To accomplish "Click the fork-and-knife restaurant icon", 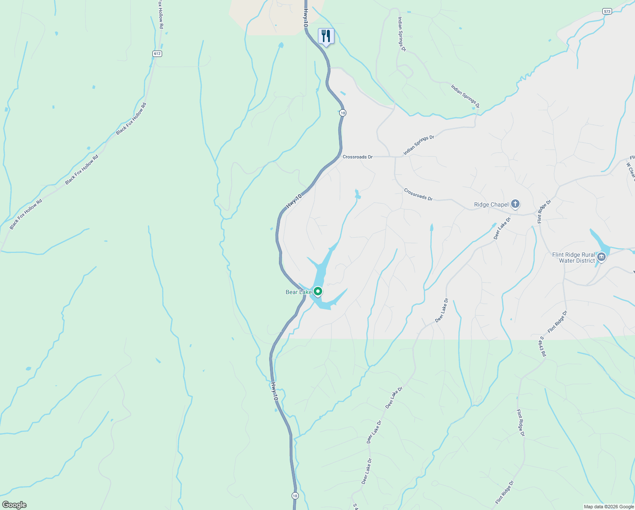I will [x=326, y=36].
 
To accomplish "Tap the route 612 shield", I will [x=157, y=54].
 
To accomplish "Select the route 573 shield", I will [x=607, y=11].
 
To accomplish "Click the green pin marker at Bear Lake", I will [x=317, y=292].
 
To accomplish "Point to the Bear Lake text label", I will [x=298, y=292].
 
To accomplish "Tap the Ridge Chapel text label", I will [x=491, y=204].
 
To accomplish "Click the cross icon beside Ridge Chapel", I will [x=515, y=204].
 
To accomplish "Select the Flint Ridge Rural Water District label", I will [x=573, y=258].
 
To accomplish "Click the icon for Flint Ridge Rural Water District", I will [x=601, y=257].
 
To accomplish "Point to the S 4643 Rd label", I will [x=542, y=347].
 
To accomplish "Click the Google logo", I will [x=14, y=505].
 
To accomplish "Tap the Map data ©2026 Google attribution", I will [x=608, y=507].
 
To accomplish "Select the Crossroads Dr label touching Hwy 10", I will [x=357, y=157].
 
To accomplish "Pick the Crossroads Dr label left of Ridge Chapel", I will [x=418, y=195].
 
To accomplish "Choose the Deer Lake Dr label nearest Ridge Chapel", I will [x=502, y=228].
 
